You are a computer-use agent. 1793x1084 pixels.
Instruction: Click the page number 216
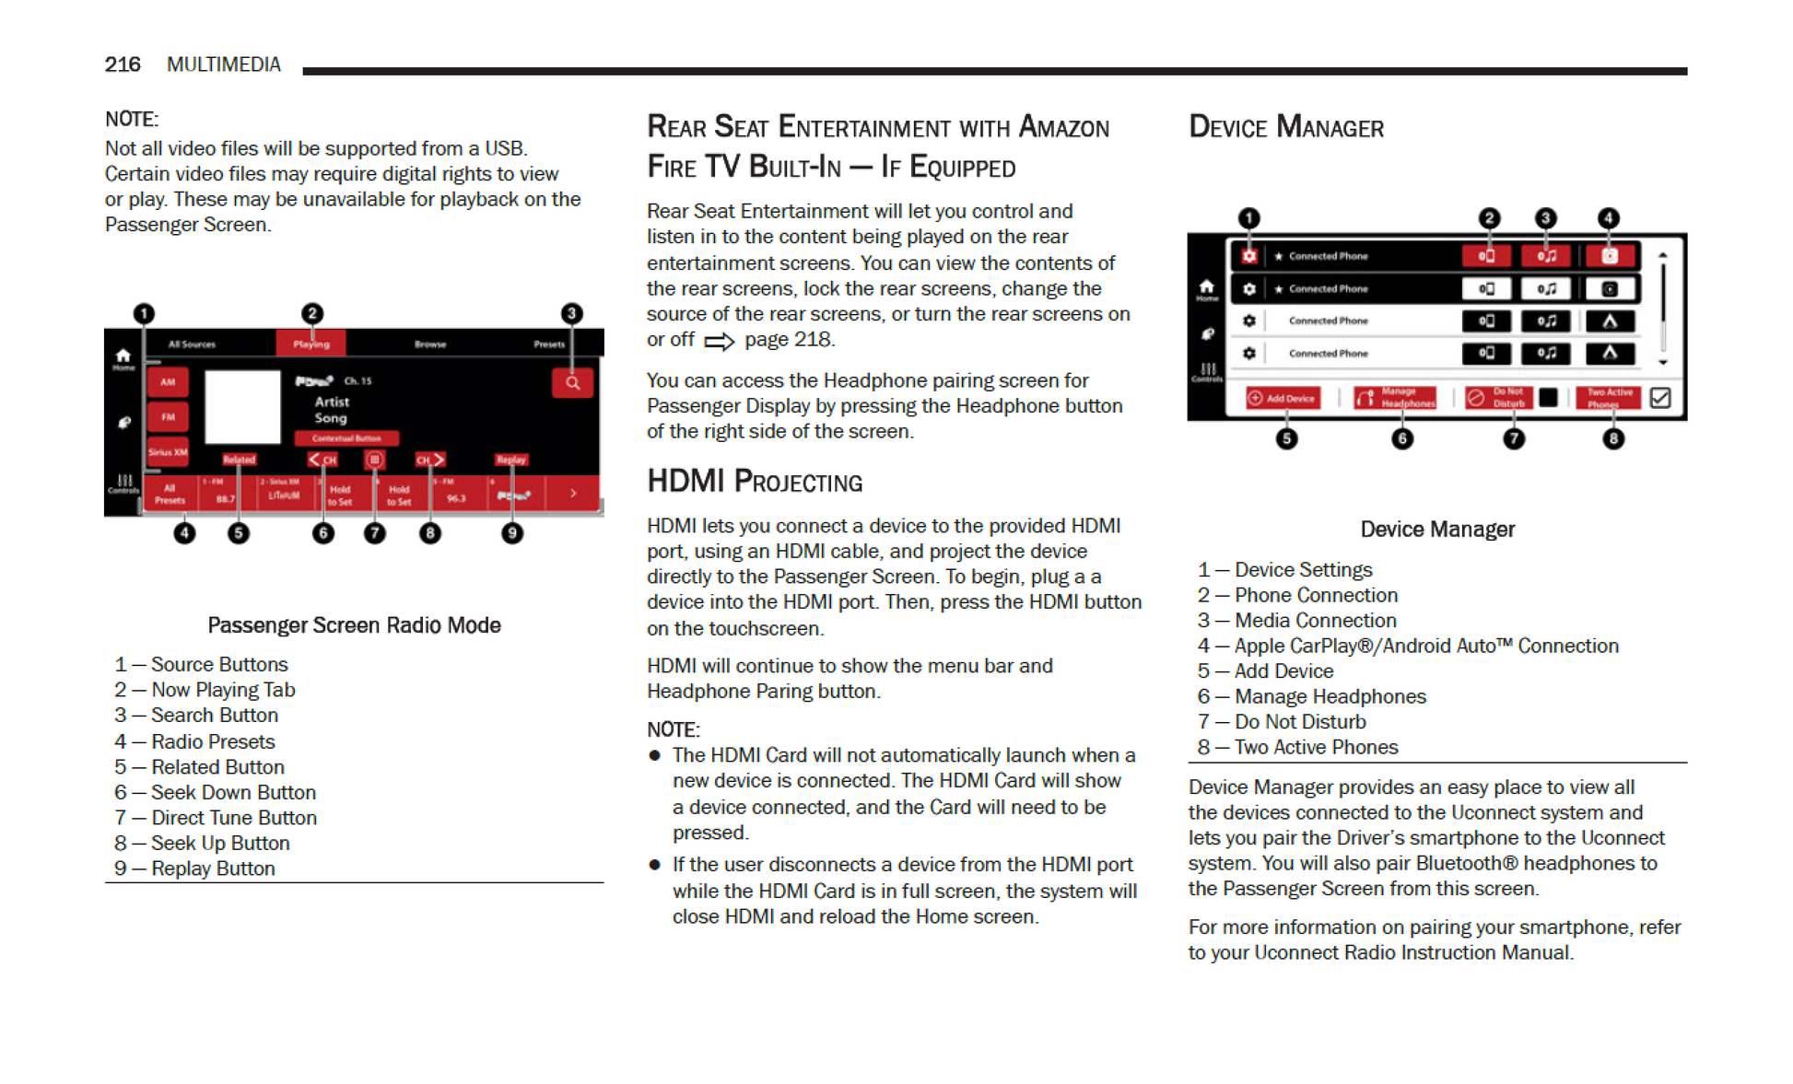pyautogui.click(x=122, y=64)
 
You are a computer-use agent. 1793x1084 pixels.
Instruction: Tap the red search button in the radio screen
pyautogui.click(x=572, y=383)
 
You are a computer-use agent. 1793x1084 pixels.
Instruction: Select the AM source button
pyautogui.click(x=168, y=382)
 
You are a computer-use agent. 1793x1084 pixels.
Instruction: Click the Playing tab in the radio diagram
pyautogui.click(x=311, y=344)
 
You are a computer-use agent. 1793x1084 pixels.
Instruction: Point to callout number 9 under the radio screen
pyautogui.click(x=512, y=533)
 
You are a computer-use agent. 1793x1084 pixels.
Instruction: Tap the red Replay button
pyautogui.click(x=510, y=460)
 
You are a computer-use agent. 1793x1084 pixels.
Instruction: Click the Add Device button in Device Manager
pyautogui.click(x=1283, y=398)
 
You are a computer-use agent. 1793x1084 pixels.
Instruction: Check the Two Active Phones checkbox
pyautogui.click(x=1660, y=398)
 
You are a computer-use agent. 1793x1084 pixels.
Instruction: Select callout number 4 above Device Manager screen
pyautogui.click(x=1608, y=218)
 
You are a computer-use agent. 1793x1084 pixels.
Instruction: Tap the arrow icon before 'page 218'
pyautogui.click(x=719, y=342)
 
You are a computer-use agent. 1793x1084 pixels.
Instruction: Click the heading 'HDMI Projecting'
pyautogui.click(x=755, y=482)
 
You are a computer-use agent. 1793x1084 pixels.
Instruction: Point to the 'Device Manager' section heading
pyautogui.click(x=1286, y=127)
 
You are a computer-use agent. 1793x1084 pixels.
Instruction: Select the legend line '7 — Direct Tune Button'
pyautogui.click(x=216, y=818)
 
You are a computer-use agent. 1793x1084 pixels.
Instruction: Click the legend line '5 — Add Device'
pyautogui.click(x=1265, y=671)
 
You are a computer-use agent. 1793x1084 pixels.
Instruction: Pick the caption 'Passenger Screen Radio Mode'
pyautogui.click(x=354, y=625)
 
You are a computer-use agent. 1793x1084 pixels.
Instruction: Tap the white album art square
pyautogui.click(x=242, y=406)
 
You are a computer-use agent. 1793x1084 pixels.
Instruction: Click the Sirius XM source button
pyautogui.click(x=168, y=452)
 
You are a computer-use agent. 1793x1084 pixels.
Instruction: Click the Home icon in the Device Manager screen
pyautogui.click(x=1206, y=288)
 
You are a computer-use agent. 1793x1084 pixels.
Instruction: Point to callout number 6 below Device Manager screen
pyautogui.click(x=1402, y=439)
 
